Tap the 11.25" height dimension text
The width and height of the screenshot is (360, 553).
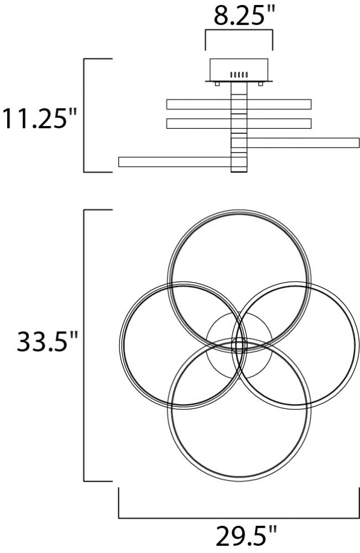(39, 118)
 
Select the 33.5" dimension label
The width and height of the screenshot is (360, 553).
(46, 341)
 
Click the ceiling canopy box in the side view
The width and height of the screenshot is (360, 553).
(239, 70)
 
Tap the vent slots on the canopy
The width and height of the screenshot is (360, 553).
(239, 75)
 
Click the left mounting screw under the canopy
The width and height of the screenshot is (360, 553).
(217, 84)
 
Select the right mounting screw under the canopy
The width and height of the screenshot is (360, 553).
(260, 84)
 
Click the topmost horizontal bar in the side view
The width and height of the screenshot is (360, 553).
(239, 105)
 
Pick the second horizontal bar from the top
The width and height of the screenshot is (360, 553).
(239, 123)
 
